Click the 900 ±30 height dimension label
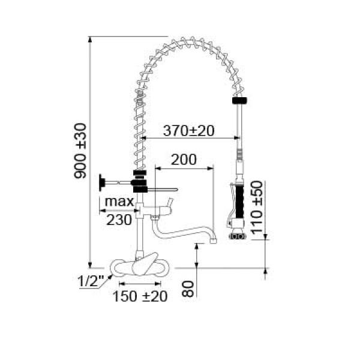[80, 151]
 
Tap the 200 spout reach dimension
[184, 160]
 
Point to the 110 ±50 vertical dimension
[257, 206]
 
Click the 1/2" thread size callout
[91, 280]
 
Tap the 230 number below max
[119, 220]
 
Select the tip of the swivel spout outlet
[212, 242]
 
